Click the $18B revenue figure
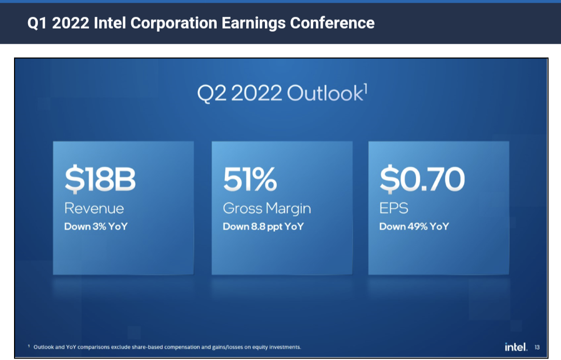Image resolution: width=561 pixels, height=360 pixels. tap(100, 179)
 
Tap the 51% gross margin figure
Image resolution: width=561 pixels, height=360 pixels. tap(250, 179)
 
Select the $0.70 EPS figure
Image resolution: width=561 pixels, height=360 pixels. tap(422, 179)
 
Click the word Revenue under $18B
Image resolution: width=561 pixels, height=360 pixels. tap(94, 208)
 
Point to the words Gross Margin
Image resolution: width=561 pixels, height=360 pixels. tap(267, 209)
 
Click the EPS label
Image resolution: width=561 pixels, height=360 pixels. tap(394, 208)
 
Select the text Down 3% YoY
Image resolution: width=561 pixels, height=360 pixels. tap(96, 226)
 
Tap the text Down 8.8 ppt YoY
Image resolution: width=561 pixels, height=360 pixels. tap(263, 227)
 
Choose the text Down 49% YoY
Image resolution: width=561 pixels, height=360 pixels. tap(414, 226)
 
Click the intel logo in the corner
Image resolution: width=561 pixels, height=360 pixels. tap(516, 347)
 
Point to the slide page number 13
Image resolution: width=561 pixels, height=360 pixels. tap(537, 347)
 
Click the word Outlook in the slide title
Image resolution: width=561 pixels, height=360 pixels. tap(325, 94)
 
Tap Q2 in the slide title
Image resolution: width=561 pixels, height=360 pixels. tap(212, 94)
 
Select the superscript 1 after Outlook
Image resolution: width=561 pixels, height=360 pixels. tap(366, 87)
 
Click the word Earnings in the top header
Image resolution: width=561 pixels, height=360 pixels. tap(253, 23)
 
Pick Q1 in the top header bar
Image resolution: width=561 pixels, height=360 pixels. tap(37, 23)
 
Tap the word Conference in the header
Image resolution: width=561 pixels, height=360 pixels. tap(332, 23)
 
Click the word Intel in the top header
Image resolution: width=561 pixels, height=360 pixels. tap(110, 23)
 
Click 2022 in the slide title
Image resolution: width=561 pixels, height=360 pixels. tap(257, 94)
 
